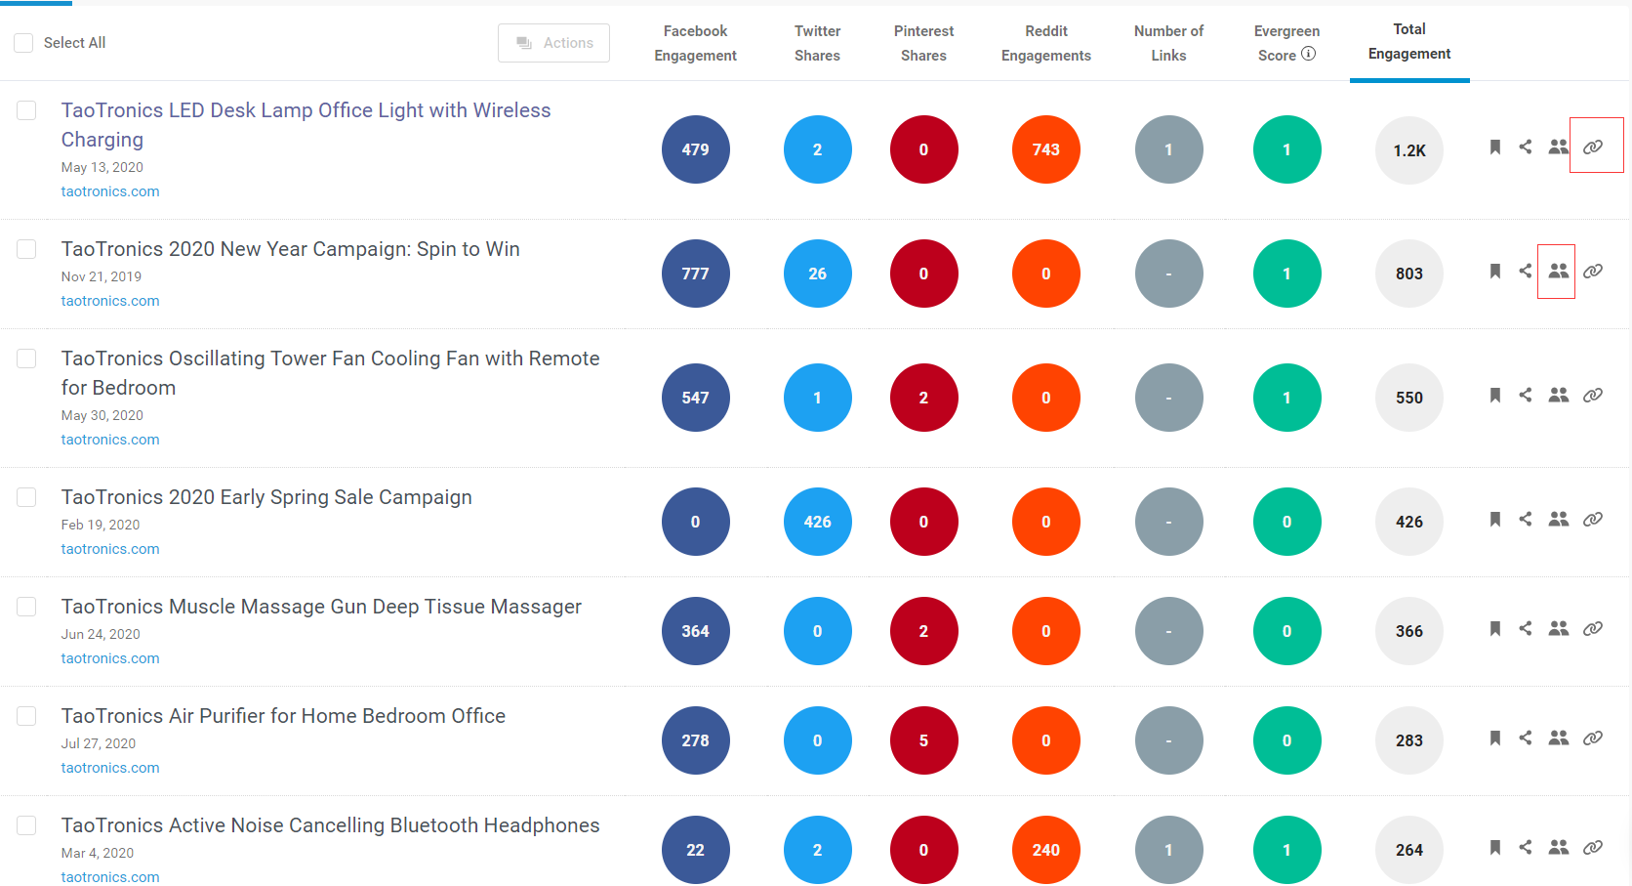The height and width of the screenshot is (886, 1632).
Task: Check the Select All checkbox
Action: pos(23,43)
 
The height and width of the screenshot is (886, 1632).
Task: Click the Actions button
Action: pos(553,43)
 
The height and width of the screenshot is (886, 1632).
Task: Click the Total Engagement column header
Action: pos(1409,42)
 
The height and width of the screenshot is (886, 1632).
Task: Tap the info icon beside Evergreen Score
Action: pos(1309,54)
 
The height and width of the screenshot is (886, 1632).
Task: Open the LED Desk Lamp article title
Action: pos(306,125)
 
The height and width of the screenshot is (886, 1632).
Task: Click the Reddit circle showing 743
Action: pos(1045,149)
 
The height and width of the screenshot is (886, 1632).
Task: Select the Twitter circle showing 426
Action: pos(817,522)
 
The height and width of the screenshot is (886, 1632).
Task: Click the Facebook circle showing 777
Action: pos(695,274)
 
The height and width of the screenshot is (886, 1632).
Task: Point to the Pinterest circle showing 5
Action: pos(923,740)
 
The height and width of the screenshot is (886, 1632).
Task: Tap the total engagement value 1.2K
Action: pos(1409,150)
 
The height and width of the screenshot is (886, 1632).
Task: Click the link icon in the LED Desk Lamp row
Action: pos(1593,148)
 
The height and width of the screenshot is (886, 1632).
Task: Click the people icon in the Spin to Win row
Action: pos(1559,272)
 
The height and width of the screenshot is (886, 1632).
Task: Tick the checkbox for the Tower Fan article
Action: pos(26,359)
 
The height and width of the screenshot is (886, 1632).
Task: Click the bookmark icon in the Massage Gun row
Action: pos(1495,628)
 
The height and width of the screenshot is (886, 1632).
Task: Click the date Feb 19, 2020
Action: pos(101,525)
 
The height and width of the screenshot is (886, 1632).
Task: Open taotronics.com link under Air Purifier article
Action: pos(110,767)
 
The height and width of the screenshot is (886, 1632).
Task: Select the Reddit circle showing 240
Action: pos(1045,850)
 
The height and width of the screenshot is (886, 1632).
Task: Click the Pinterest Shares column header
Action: pos(923,43)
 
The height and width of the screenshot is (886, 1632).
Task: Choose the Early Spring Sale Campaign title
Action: pos(266,497)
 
